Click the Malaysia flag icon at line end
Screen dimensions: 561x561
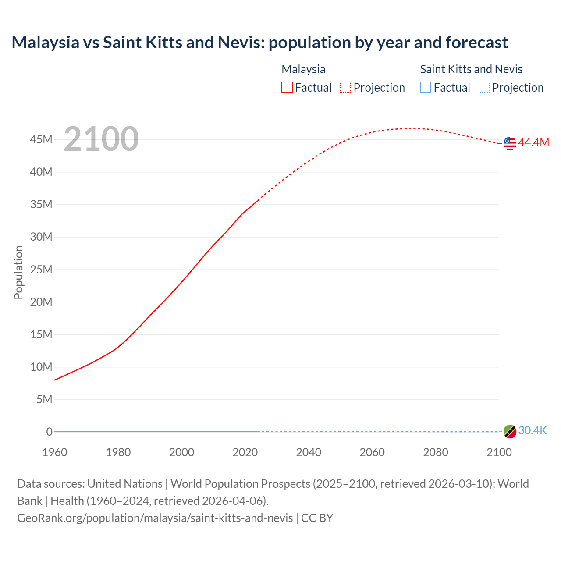pyautogui.click(x=510, y=143)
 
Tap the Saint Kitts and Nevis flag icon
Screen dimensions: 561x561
pyautogui.click(x=510, y=431)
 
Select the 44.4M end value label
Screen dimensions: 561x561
pyautogui.click(x=533, y=143)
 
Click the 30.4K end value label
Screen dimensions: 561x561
pyautogui.click(x=533, y=431)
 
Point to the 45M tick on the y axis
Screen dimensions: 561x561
pyautogui.click(x=41, y=139)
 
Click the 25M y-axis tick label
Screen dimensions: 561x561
pyautogui.click(x=41, y=270)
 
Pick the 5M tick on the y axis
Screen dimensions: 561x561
pyautogui.click(x=44, y=399)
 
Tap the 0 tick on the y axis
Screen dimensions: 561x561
pyautogui.click(x=50, y=432)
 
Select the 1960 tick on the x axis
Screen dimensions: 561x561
pyautogui.click(x=55, y=452)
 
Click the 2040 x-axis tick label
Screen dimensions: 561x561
pyautogui.click(x=309, y=452)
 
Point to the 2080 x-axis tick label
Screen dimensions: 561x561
pyautogui.click(x=436, y=452)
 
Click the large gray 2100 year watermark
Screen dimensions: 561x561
pyautogui.click(x=101, y=139)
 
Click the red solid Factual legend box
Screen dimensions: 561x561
pyautogui.click(x=287, y=88)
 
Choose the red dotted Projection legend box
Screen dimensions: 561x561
pyautogui.click(x=345, y=88)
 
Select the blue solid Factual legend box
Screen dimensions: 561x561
pyautogui.click(x=426, y=88)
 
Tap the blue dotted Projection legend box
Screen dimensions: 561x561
pyautogui.click(x=484, y=88)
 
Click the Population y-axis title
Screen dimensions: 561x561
pyautogui.click(x=18, y=272)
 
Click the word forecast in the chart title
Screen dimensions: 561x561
pyautogui.click(x=476, y=43)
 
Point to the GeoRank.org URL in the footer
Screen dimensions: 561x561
pyautogui.click(x=155, y=518)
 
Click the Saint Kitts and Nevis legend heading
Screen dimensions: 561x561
pyautogui.click(x=471, y=69)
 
